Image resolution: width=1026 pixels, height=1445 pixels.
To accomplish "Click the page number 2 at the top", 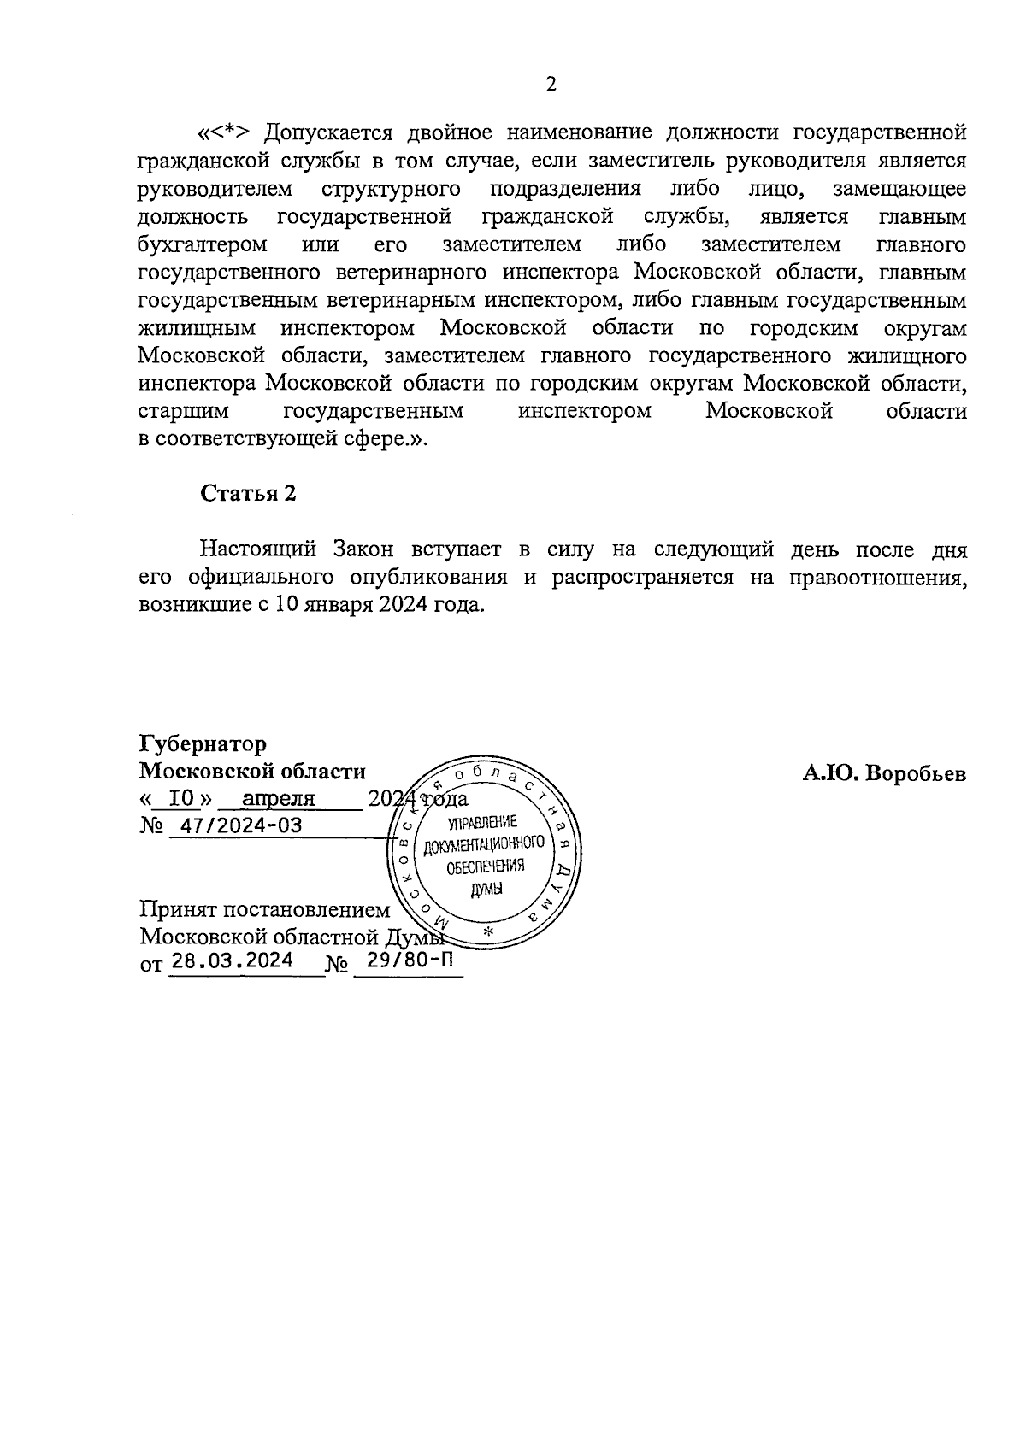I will [x=551, y=84].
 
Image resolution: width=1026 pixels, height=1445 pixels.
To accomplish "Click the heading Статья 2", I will [x=248, y=494].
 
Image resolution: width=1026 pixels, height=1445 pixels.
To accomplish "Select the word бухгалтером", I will [x=203, y=245].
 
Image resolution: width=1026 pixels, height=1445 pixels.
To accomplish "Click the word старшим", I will [x=183, y=412].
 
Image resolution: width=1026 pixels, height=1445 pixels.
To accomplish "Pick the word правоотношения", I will [x=877, y=577].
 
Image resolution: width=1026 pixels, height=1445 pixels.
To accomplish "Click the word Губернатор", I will [x=203, y=743].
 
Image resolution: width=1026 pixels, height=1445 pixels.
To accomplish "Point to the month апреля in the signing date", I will [x=279, y=799].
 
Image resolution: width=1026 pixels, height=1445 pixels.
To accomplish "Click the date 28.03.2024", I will [x=232, y=960].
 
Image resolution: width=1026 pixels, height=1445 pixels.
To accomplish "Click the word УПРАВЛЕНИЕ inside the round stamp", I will [x=483, y=823].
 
